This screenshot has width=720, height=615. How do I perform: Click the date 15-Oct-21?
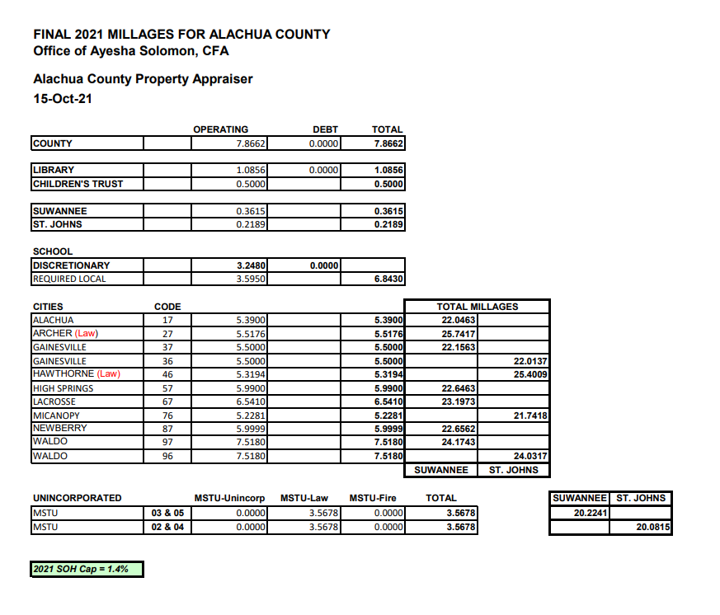click(63, 100)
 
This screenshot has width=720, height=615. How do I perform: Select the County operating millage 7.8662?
click(248, 143)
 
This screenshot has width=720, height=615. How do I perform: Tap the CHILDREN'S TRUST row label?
click(78, 184)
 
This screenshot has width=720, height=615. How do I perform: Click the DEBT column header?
click(325, 129)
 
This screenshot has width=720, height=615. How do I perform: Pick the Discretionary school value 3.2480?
click(248, 265)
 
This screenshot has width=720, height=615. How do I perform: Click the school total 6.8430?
click(387, 279)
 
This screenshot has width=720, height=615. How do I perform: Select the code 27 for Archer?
click(167, 334)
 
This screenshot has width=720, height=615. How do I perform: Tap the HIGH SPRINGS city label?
click(63, 388)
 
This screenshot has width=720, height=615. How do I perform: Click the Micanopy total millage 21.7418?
click(530, 415)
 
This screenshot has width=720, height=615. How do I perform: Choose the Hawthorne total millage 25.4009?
click(530, 374)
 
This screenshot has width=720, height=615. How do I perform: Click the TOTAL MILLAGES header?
click(477, 307)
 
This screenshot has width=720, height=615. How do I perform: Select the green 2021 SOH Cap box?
click(87, 569)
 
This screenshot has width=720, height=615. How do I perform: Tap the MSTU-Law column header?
click(304, 498)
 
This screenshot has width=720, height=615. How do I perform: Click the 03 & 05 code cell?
click(167, 513)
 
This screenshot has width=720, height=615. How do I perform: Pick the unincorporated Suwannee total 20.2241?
click(590, 512)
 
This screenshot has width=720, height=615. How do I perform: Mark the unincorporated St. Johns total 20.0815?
click(652, 527)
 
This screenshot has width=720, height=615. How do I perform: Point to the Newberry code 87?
click(167, 429)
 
